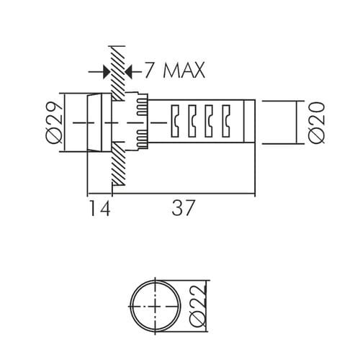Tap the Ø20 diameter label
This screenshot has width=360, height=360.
[x=316, y=122]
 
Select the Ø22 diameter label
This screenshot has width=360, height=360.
[x=198, y=306]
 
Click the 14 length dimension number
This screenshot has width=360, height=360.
[x=99, y=208]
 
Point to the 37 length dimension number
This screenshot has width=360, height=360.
[x=182, y=208]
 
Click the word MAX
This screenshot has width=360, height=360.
[x=184, y=71]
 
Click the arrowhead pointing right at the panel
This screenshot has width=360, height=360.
[x=107, y=71]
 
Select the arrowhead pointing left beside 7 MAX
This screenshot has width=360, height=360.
[x=129, y=71]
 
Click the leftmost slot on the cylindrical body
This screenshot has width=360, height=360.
[x=174, y=121]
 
